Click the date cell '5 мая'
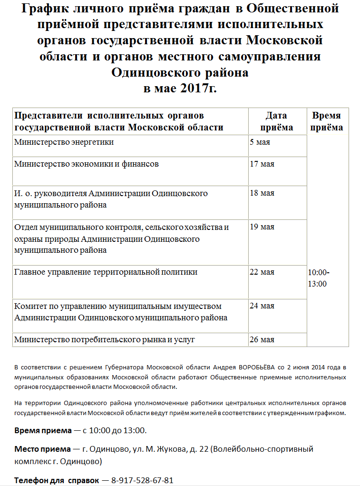[x=260, y=142]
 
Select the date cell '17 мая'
[x=262, y=164]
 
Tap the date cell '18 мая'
[x=262, y=193]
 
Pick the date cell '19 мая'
[x=262, y=227]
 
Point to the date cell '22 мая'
[x=262, y=272]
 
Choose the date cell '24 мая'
[x=262, y=306]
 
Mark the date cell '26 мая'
[x=262, y=340]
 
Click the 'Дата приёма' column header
[x=278, y=121]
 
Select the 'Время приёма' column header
[x=326, y=121]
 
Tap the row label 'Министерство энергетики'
[x=64, y=142]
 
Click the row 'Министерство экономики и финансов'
[x=87, y=164]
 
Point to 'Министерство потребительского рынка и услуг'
[x=105, y=340]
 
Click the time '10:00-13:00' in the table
[x=319, y=278]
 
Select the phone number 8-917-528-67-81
[x=142, y=480]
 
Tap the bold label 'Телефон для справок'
[x=57, y=480]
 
